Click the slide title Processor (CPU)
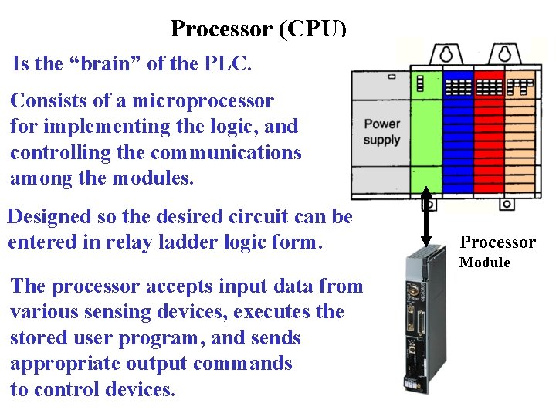[258, 29]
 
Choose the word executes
[270, 313]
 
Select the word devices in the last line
[137, 390]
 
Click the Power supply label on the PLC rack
[381, 131]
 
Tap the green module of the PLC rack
[427, 135]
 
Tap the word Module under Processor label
[485, 263]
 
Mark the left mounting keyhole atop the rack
[445, 53]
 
